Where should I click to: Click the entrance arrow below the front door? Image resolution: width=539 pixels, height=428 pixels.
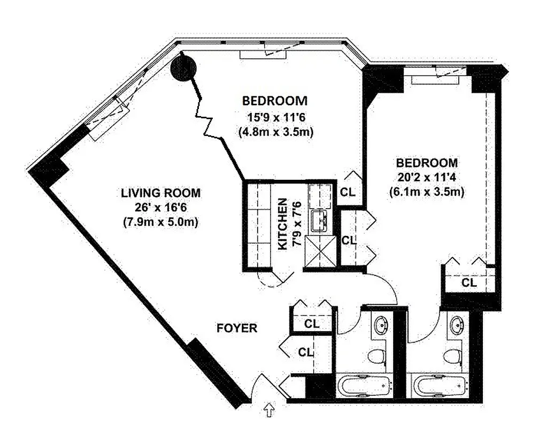269,411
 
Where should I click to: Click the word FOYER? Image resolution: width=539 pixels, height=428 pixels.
237,328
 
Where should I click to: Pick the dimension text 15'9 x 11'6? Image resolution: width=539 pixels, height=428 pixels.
275,116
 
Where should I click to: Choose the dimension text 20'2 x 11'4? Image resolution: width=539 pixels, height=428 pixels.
426,177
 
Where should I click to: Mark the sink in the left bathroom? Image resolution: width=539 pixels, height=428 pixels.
381,325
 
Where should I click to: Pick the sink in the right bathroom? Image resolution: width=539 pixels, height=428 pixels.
457,325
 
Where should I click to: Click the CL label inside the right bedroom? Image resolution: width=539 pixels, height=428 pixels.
469,282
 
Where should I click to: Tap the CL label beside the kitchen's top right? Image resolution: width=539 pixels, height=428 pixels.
348,192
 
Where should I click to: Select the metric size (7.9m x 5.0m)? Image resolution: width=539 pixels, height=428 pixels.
160,222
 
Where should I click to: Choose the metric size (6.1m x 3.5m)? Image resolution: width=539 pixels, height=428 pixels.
426,191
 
